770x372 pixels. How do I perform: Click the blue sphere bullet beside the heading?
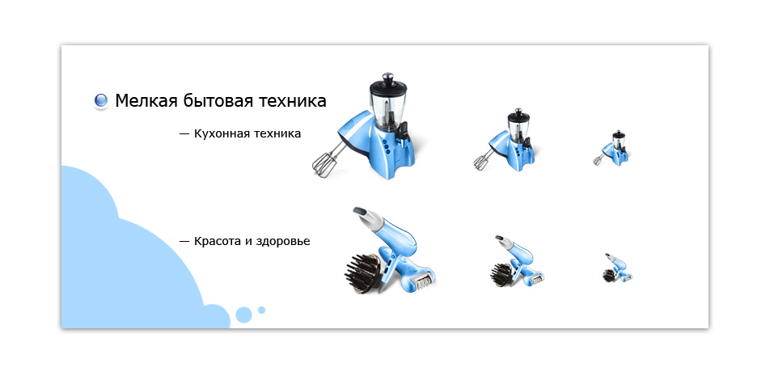[101, 101]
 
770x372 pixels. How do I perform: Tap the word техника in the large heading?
[292, 101]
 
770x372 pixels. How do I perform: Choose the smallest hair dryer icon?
[617, 268]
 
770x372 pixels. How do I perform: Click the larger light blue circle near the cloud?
[243, 315]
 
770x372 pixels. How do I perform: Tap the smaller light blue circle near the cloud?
[261, 310]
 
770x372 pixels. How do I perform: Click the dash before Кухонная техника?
[184, 133]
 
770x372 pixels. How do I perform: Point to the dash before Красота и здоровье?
[184, 241]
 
